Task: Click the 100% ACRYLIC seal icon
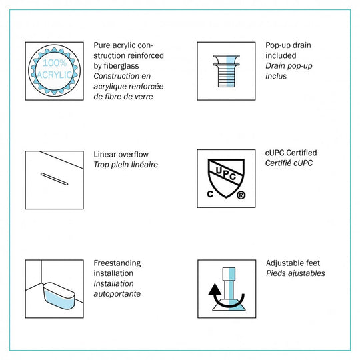[x=54, y=71]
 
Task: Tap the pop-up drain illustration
[x=226, y=71]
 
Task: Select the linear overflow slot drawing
[x=54, y=179]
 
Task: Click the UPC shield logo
[x=226, y=178]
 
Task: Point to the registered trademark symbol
[x=241, y=195]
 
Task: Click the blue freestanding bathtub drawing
[x=59, y=295]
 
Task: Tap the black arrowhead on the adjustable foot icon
[x=215, y=289]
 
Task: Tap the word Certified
[x=302, y=153]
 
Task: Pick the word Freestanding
[x=117, y=263]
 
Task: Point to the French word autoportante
[x=117, y=293]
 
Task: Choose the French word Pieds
[x=275, y=273]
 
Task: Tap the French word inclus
[x=276, y=76]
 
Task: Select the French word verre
[x=143, y=97]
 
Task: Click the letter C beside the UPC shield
[x=210, y=194]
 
